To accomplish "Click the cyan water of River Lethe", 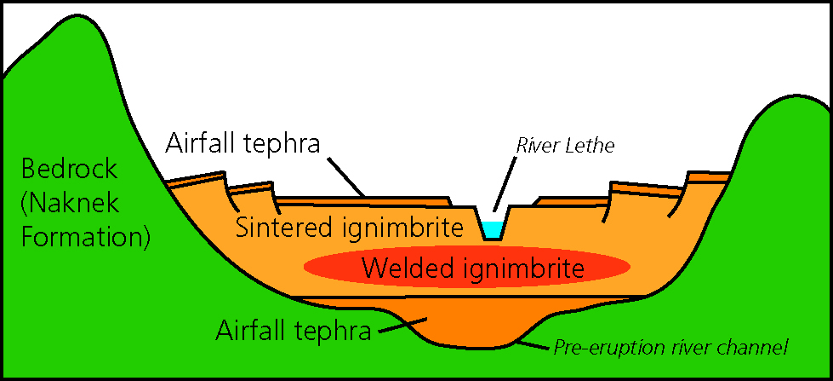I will (492, 229).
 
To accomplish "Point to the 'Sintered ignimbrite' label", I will (349, 228).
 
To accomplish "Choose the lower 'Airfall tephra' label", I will (294, 330).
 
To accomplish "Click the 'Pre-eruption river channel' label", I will (671, 347).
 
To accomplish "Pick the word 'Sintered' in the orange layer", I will (277, 228).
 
